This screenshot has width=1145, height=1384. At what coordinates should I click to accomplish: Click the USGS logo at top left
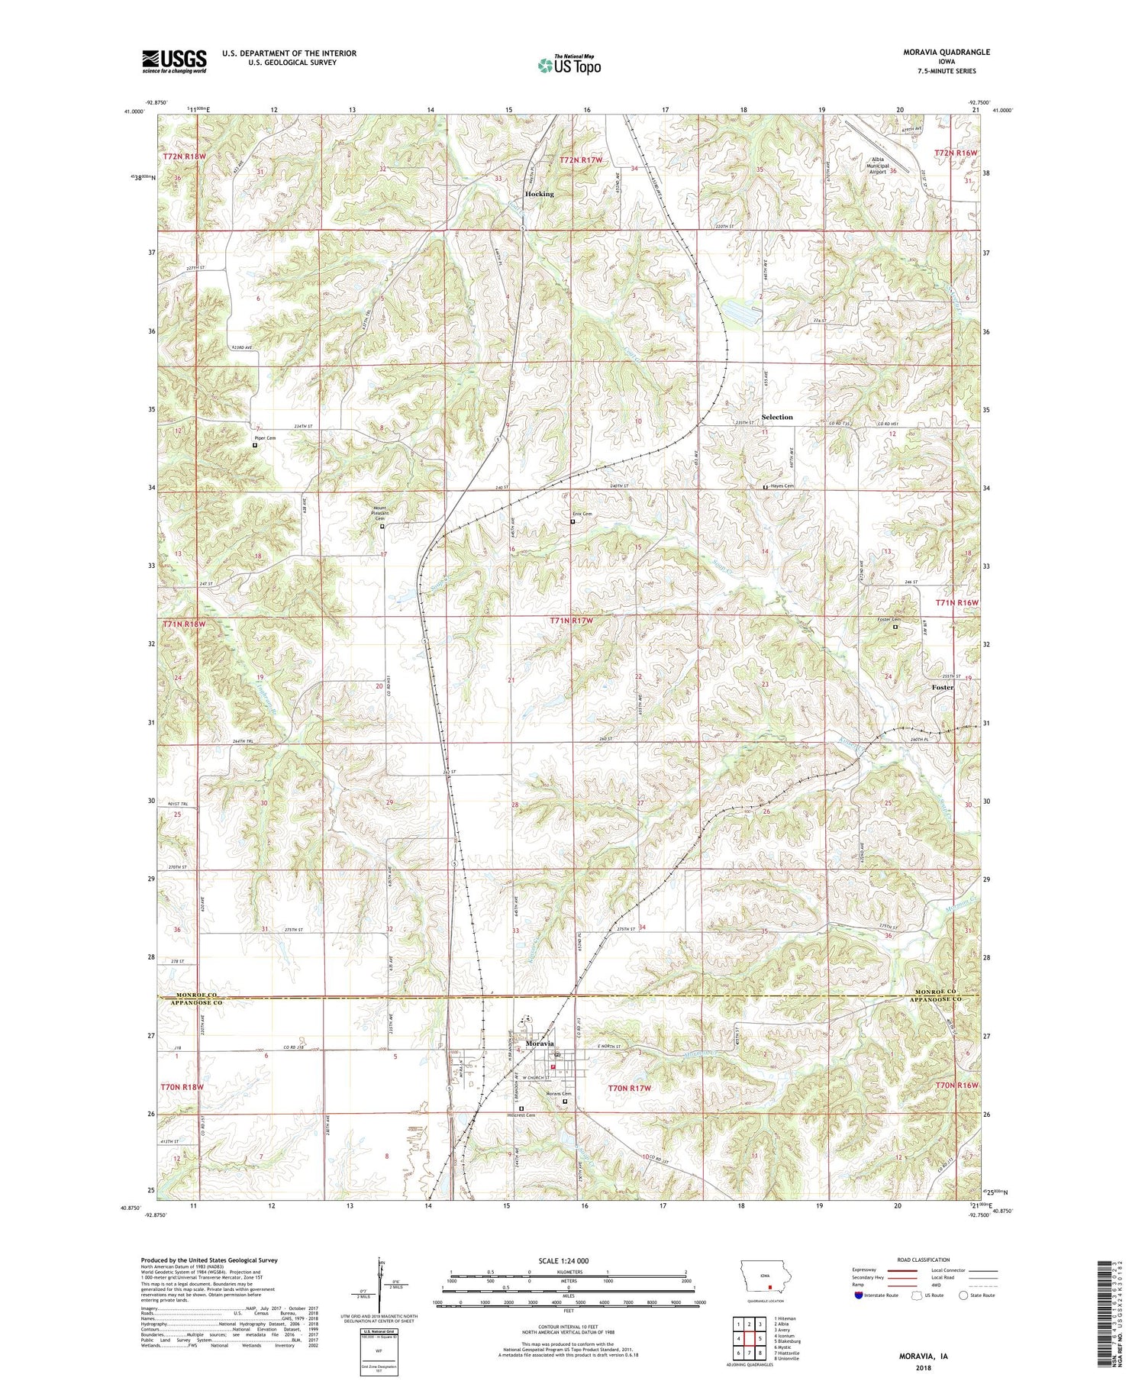coord(174,61)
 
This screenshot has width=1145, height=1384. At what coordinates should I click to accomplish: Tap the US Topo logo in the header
coord(569,66)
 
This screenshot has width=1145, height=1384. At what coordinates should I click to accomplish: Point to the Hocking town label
coord(539,194)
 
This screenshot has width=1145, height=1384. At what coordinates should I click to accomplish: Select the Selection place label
coord(777,417)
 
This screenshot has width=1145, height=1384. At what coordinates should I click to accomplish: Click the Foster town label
coord(943,687)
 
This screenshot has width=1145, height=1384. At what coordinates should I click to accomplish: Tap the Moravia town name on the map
coord(540,1044)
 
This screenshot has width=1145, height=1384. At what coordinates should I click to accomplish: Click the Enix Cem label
coord(582,514)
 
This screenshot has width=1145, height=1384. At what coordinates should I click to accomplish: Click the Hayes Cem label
coord(782,486)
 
